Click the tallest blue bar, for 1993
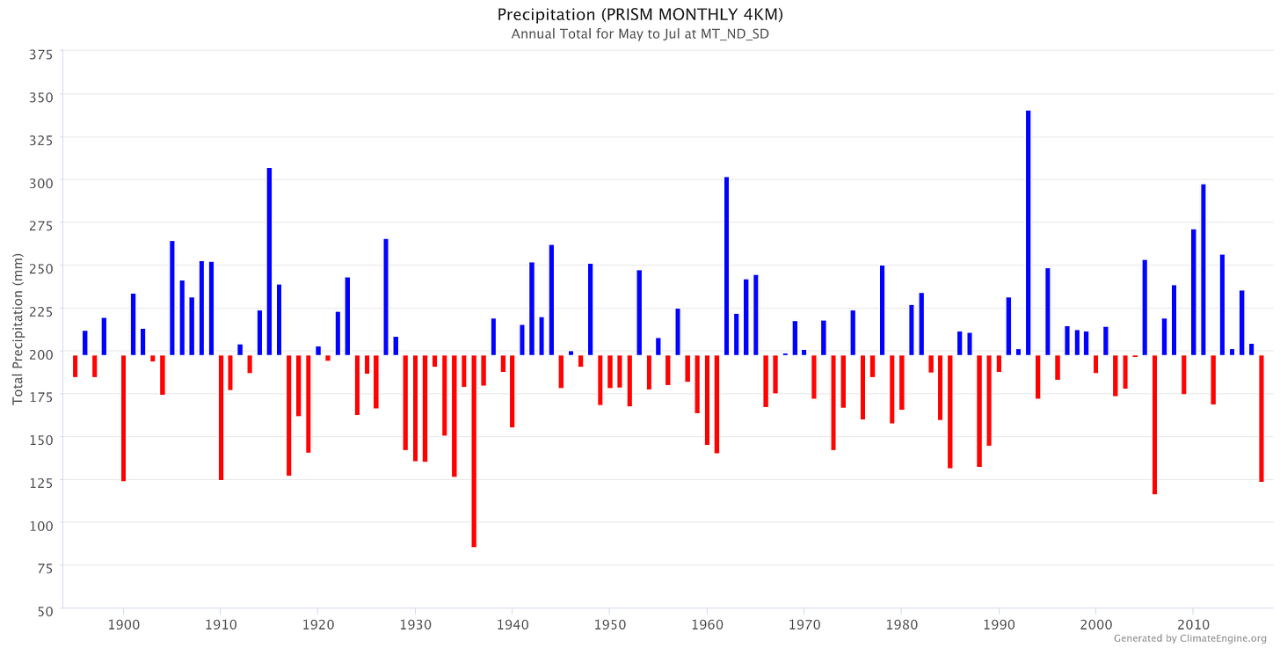pos(1028,233)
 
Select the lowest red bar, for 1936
pos(474,451)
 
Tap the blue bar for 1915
pos(270,262)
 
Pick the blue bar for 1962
pos(726,266)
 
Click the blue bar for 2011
pos(1203,270)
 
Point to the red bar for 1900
pos(123,419)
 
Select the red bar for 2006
pos(1154,425)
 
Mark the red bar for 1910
pos(222,418)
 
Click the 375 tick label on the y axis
pos(41,55)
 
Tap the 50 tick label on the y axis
pos(45,611)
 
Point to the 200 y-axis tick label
pos(41,354)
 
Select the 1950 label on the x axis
pos(610,624)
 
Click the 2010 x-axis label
pos(1193,624)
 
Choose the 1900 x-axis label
pos(123,624)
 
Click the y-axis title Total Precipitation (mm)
pos(18,329)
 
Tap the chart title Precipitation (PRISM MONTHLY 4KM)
pos(640,14)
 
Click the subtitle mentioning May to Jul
pos(640,34)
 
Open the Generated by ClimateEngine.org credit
pos(1190,638)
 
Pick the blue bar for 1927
pos(386,297)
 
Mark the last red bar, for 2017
pos(1262,419)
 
